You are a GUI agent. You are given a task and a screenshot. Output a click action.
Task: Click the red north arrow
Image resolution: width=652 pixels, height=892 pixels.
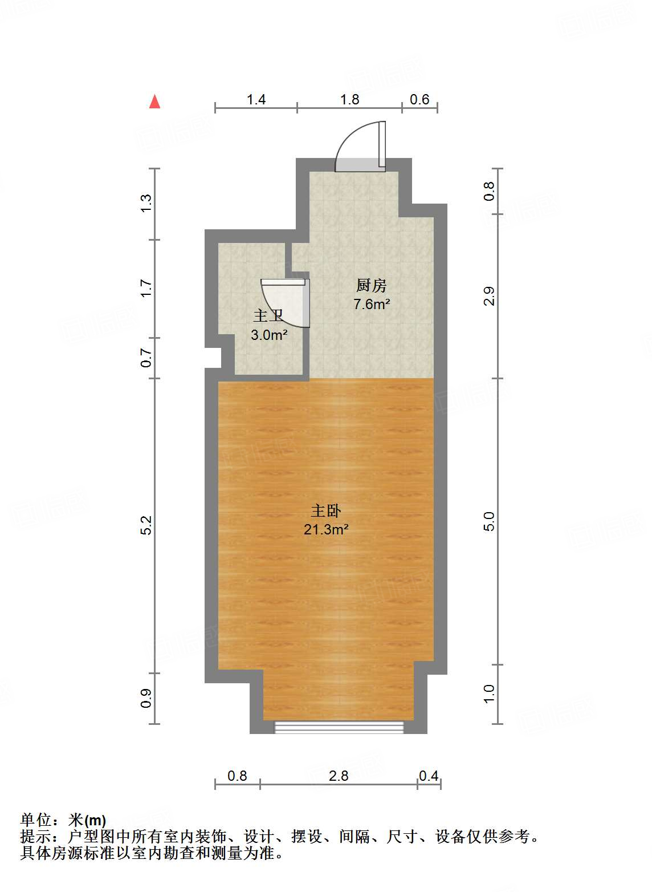(154, 102)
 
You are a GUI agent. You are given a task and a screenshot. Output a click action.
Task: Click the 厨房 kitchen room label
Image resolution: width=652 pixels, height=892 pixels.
(371, 285)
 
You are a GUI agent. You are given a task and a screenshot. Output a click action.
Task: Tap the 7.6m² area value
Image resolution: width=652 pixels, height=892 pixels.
(371, 304)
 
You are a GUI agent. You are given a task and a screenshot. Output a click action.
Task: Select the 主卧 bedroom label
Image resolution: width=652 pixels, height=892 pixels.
(325, 510)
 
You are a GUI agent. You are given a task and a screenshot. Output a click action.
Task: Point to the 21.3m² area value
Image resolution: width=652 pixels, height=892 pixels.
(325, 529)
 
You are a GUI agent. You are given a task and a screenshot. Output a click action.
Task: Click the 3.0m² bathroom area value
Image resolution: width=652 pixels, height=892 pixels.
(268, 335)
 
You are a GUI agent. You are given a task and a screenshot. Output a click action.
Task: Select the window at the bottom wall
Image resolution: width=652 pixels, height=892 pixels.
(339, 727)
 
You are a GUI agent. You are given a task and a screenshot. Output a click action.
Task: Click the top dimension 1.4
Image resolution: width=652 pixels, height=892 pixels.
(256, 100)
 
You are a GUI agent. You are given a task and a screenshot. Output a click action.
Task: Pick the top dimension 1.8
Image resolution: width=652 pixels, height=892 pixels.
(349, 100)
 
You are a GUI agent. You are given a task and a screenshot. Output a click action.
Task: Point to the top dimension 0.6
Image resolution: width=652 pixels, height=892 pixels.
(419, 100)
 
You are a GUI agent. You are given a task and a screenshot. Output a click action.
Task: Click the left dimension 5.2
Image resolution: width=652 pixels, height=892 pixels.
(146, 525)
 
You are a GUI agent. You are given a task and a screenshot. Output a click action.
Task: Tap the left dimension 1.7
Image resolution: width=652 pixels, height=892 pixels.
(146, 288)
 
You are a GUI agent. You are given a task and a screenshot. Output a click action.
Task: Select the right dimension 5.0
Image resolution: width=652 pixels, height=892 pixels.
(489, 521)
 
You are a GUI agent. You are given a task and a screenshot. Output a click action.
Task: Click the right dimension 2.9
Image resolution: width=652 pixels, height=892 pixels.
(489, 296)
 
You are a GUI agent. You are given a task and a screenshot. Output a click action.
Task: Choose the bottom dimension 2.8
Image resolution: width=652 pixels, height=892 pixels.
(339, 776)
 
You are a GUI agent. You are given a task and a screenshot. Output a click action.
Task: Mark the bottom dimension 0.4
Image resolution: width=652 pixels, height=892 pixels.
(429, 776)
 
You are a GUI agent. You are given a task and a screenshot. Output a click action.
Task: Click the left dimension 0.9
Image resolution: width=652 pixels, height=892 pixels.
(146, 699)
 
